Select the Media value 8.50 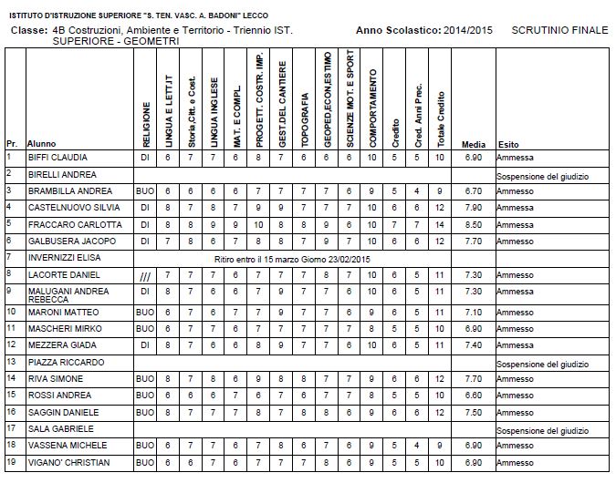click(473, 224)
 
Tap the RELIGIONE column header click(146, 113)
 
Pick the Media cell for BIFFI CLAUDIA click(473, 157)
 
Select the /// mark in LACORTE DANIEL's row click(145, 274)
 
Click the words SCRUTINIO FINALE click(559, 30)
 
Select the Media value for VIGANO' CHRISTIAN click(473, 462)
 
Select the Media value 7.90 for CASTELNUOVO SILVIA click(473, 208)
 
